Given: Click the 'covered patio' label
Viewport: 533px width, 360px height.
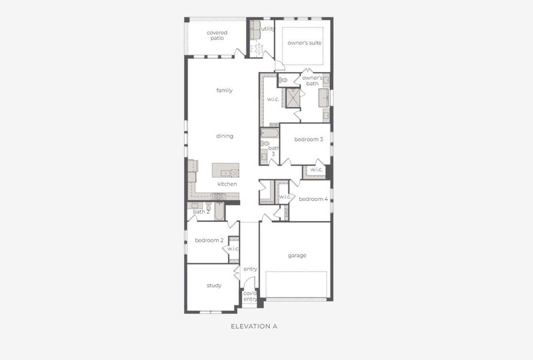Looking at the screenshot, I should click(216, 35).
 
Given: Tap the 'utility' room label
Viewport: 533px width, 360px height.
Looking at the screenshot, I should click(268, 29).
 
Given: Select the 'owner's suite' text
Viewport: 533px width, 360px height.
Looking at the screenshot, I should click(304, 43).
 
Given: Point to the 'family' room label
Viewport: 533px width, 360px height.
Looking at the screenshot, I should click(224, 91).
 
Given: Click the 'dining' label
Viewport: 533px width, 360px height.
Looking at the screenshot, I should click(224, 136).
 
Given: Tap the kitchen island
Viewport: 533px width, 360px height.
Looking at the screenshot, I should click(225, 170).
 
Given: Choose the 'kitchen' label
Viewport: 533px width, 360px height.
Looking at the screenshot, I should click(227, 184).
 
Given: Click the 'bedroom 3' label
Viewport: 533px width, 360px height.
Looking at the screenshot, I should click(308, 140).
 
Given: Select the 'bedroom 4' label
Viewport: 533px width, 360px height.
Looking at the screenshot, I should click(313, 199).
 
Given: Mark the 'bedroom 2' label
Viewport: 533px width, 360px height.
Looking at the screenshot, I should click(209, 240).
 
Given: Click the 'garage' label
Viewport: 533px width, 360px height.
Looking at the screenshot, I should click(297, 256).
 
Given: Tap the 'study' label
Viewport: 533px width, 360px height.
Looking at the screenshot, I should click(214, 286).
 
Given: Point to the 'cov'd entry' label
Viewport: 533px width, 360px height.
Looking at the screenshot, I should click(250, 296).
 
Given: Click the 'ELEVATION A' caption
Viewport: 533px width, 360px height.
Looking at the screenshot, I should click(254, 327).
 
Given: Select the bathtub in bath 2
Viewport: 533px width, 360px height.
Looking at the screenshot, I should click(219, 212).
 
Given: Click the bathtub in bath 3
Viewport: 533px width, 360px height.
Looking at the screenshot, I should click(269, 133).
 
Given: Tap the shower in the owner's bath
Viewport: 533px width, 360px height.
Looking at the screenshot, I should click(293, 98).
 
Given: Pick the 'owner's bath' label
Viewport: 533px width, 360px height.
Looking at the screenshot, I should click(312, 80).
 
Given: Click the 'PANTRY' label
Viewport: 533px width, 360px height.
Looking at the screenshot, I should click(267, 202).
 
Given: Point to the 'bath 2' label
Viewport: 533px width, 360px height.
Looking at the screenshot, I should click(201, 212).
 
